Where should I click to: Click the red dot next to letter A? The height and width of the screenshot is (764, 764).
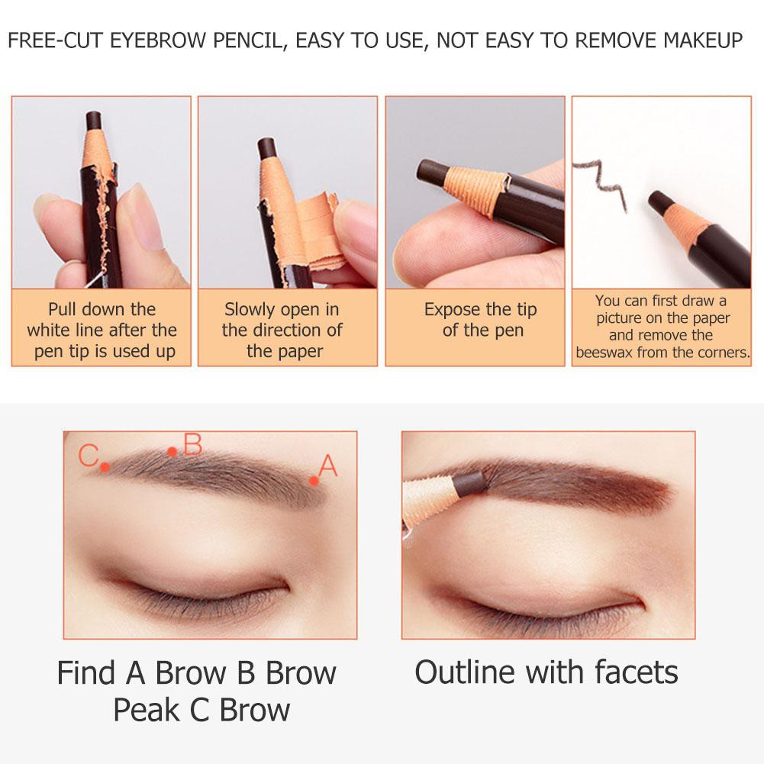314,482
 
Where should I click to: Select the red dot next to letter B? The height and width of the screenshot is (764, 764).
172,452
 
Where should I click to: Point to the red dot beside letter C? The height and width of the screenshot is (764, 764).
105,467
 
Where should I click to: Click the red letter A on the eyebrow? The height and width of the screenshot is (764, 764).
328,466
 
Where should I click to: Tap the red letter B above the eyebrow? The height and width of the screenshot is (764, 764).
193,444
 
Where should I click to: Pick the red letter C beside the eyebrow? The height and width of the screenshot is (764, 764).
89,456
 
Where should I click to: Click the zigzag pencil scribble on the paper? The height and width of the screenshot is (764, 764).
600,182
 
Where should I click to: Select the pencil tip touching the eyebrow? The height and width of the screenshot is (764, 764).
469,483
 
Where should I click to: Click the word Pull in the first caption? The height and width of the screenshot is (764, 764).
63,309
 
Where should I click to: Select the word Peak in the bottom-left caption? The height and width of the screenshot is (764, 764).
147,710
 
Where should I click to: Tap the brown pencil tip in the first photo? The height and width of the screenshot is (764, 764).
94,121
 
